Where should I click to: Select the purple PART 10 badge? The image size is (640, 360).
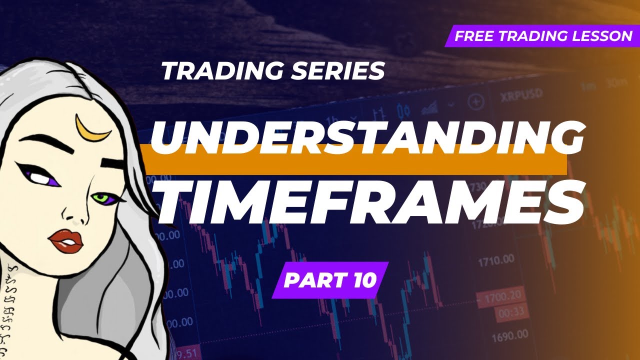(330, 280)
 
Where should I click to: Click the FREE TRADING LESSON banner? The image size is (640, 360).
(542, 36)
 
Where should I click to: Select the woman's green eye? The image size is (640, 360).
(102, 198)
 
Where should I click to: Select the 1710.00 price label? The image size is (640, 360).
(495, 260)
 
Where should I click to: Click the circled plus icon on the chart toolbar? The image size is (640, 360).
(475, 102)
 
